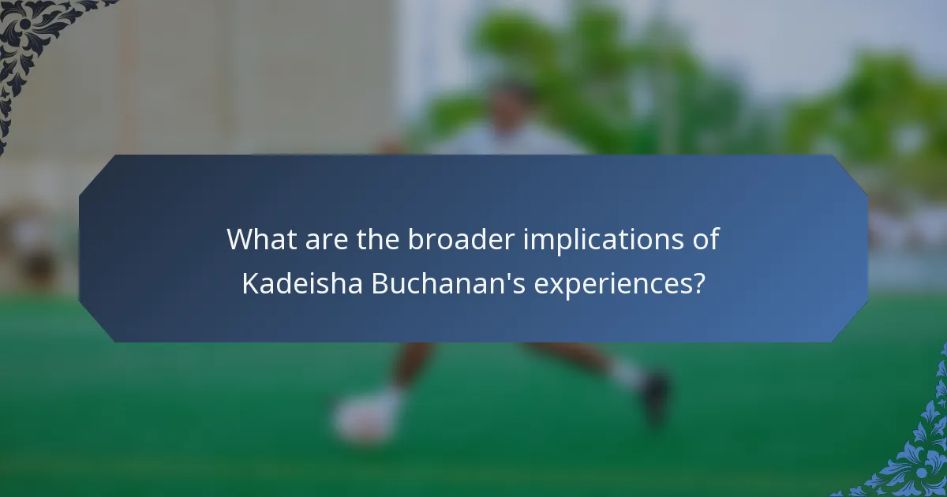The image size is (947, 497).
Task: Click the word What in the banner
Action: click(257, 239)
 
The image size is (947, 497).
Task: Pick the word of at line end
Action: click(706, 239)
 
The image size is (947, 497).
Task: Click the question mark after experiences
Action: click(697, 284)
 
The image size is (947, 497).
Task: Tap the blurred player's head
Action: click(511, 103)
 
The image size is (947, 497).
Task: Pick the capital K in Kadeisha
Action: click(249, 284)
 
